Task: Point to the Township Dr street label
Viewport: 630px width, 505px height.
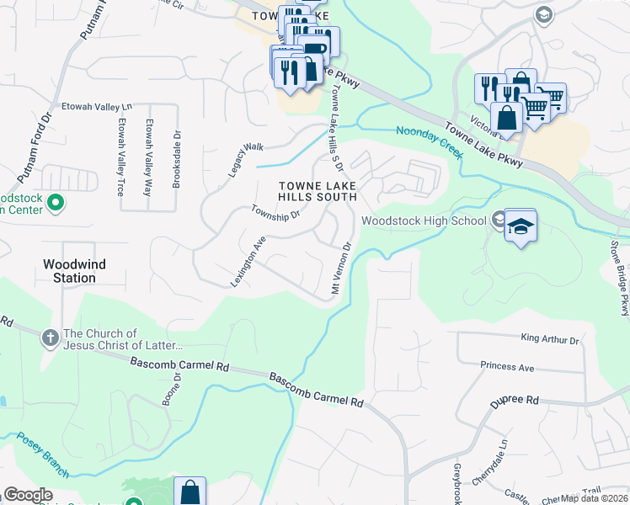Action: click(275, 215)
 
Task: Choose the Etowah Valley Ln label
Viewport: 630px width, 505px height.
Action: click(98, 107)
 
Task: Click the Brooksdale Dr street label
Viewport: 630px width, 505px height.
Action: click(177, 157)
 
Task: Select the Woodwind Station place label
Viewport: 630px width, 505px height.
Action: click(75, 270)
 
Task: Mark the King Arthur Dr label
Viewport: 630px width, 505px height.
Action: click(550, 340)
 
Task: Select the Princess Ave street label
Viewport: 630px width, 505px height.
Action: click(508, 367)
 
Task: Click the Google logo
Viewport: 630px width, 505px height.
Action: click(28, 495)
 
